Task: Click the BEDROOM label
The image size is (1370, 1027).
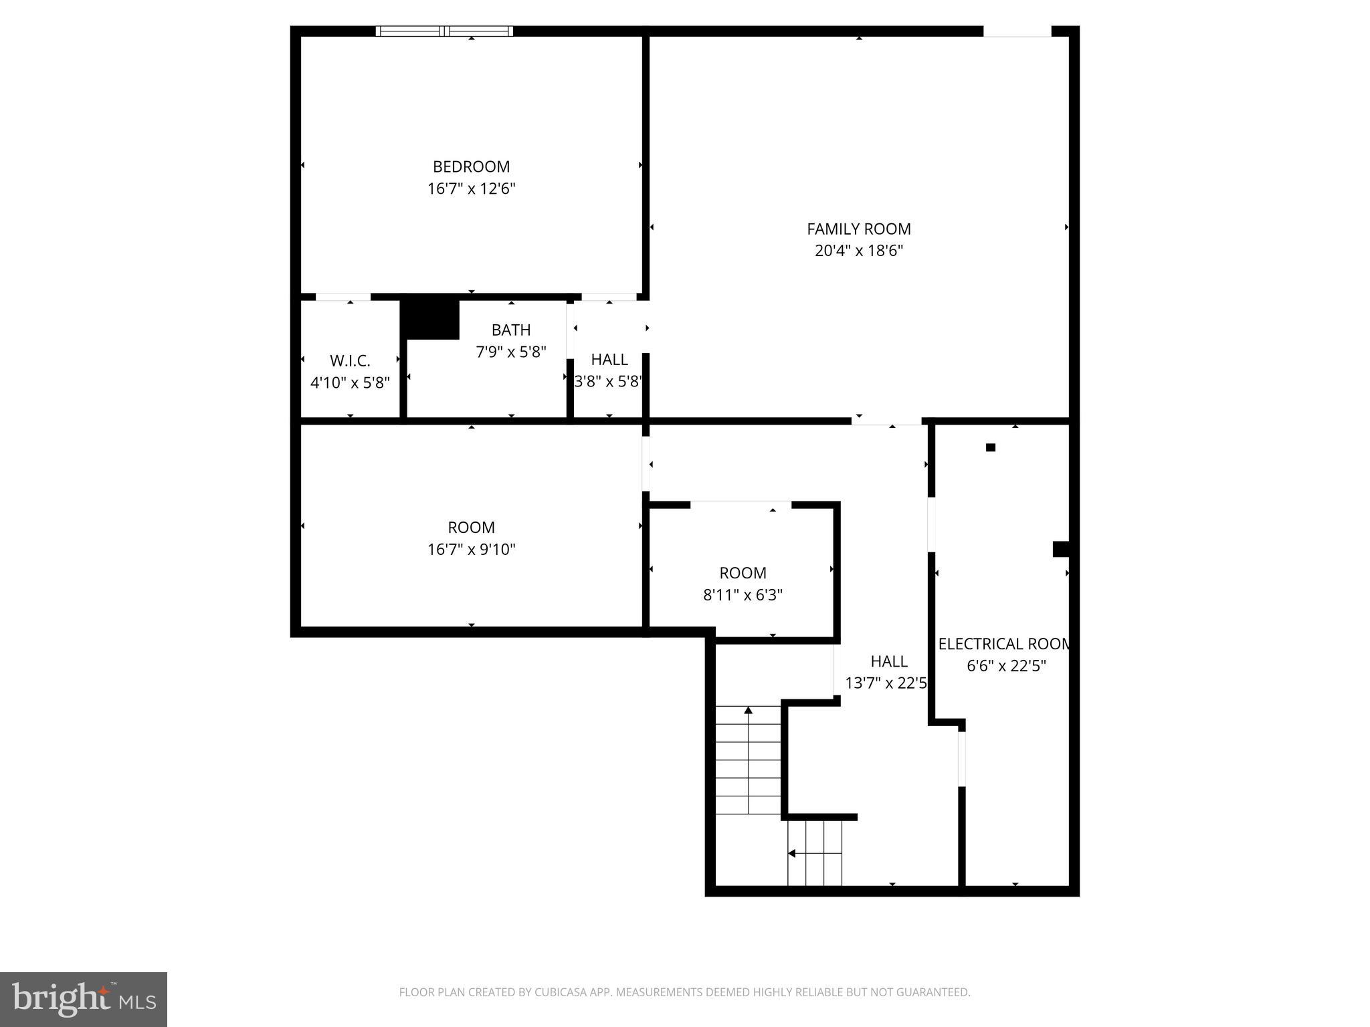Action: pyautogui.click(x=471, y=166)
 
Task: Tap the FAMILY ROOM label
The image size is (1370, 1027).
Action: pyautogui.click(x=858, y=229)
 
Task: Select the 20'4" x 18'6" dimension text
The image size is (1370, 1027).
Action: pyautogui.click(x=858, y=251)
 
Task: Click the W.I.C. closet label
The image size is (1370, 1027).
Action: pyautogui.click(x=350, y=361)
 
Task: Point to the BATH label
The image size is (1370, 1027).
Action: pyautogui.click(x=511, y=330)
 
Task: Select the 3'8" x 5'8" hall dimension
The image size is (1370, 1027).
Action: pyautogui.click(x=609, y=382)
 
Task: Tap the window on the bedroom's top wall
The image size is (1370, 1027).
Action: pyautogui.click(x=444, y=31)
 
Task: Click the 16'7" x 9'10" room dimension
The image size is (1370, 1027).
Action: pyautogui.click(x=471, y=550)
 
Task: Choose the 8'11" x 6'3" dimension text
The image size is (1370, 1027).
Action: pyautogui.click(x=743, y=595)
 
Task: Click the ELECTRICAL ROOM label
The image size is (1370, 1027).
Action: pyautogui.click(x=1003, y=644)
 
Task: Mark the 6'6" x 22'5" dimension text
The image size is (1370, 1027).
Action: pyautogui.click(x=1005, y=666)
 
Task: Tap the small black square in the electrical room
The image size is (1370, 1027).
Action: pyautogui.click(x=991, y=447)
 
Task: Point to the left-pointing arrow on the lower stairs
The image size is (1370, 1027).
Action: pyautogui.click(x=793, y=853)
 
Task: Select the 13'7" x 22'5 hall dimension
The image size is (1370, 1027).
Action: pyautogui.click(x=886, y=683)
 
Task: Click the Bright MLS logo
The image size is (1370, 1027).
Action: pyautogui.click(x=84, y=999)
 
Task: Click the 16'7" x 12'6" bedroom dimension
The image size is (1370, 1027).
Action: pyautogui.click(x=471, y=189)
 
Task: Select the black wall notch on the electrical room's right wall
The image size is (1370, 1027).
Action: pyautogui.click(x=1060, y=549)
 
